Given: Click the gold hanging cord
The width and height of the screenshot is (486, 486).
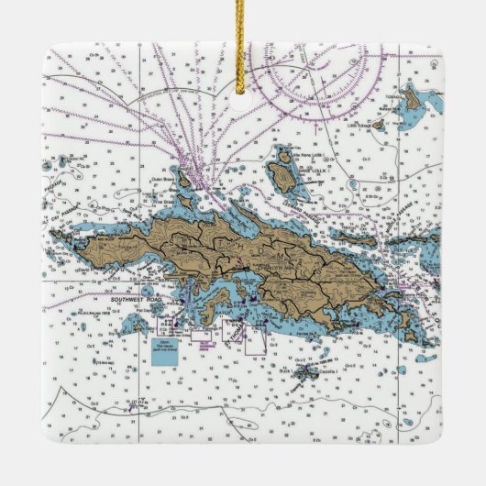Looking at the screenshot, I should click(244, 37).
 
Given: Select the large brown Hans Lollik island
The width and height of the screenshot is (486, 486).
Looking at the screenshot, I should click(284, 174).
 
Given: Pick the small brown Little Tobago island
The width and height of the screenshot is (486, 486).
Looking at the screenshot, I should click(379, 124).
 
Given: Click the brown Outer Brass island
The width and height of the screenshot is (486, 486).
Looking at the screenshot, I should click(184, 175).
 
